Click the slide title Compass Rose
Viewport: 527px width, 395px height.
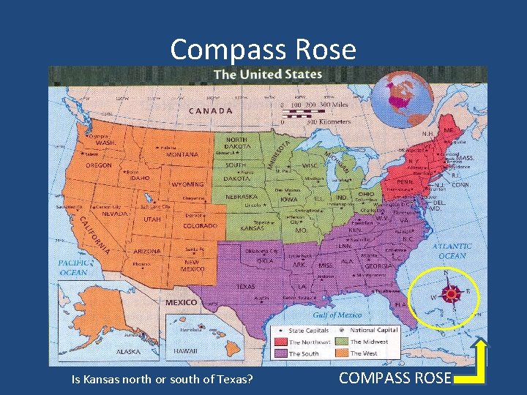[263, 50]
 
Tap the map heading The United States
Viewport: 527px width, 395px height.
[267, 75]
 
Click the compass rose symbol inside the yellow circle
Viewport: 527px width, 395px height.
[452, 294]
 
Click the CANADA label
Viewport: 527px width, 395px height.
[211, 111]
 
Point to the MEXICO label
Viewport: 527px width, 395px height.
[181, 302]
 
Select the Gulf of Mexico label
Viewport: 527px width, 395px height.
[337, 315]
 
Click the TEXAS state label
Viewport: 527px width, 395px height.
[245, 286]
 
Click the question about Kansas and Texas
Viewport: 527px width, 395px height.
[162, 379]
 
